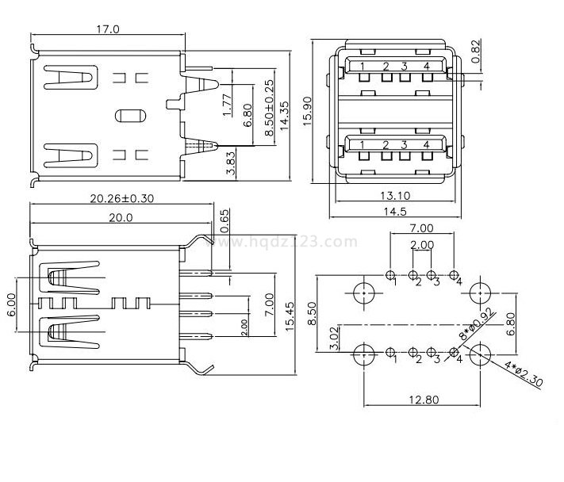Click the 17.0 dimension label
pos(108,29)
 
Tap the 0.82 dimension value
pos(475,49)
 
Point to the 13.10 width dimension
pos(394,196)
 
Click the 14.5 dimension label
pos(394,212)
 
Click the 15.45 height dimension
pos(290,316)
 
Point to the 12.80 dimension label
pos(422,400)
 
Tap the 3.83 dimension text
pos(231,163)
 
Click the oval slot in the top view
pos(130,115)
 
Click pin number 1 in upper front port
pos(363,66)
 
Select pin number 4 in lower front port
pos(426,144)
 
